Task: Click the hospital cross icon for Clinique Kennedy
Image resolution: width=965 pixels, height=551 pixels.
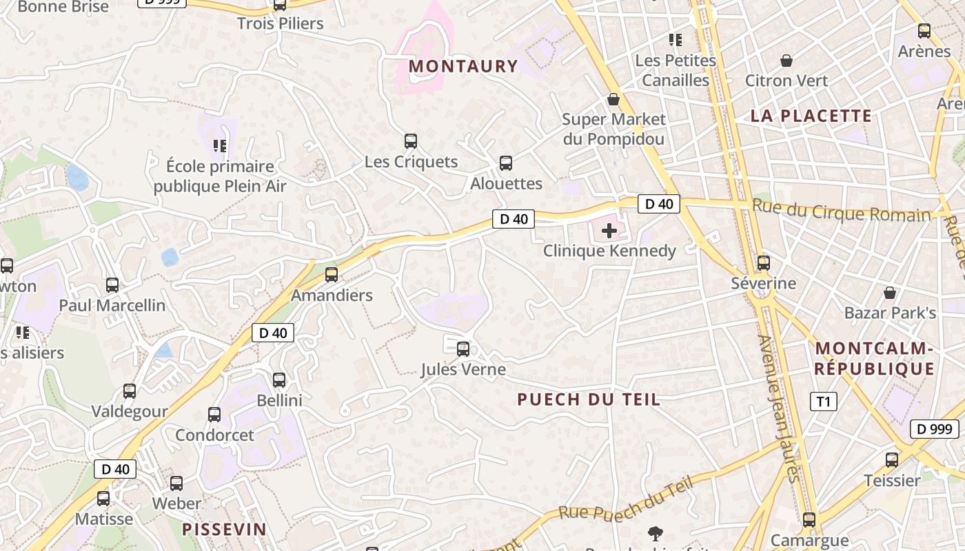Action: [609, 231]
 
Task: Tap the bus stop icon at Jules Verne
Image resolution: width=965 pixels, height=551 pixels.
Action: [463, 349]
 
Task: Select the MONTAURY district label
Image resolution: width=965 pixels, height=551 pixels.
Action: [463, 66]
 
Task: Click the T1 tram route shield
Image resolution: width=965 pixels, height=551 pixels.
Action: [823, 402]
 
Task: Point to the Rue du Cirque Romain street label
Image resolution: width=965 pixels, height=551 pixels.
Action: [841, 210]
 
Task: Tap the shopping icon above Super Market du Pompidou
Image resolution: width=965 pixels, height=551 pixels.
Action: [613, 100]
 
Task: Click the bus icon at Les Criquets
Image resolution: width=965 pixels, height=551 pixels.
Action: [411, 141]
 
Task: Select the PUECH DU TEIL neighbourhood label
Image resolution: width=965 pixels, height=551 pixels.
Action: [589, 399]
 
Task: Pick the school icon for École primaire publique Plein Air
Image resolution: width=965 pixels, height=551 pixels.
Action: [220, 146]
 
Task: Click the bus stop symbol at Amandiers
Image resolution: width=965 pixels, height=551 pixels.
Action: [332, 275]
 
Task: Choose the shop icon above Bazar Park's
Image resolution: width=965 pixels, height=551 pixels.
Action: [890, 293]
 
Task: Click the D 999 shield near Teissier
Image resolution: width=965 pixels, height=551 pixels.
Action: [934, 429]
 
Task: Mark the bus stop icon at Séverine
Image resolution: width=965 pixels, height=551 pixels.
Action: [763, 263]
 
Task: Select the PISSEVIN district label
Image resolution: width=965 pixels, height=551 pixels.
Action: [224, 529]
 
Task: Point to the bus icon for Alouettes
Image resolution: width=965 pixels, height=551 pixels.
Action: [506, 163]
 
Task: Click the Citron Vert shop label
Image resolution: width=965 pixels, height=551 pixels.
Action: [786, 81]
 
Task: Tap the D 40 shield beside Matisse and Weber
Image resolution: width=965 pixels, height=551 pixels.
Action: [115, 469]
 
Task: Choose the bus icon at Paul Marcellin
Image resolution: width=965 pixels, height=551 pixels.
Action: [112, 285]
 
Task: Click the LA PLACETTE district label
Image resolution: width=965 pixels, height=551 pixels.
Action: [811, 116]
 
